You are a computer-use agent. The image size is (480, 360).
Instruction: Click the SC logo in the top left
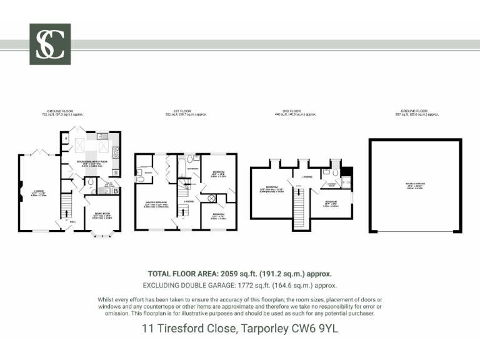(50, 44)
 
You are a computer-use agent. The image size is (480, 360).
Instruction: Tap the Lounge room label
(39, 193)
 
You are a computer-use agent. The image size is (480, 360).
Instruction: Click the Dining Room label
(102, 215)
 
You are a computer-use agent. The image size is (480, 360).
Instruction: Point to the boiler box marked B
(116, 190)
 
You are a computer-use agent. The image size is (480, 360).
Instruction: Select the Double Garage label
(415, 186)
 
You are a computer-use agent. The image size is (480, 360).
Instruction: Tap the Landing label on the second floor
(306, 177)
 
